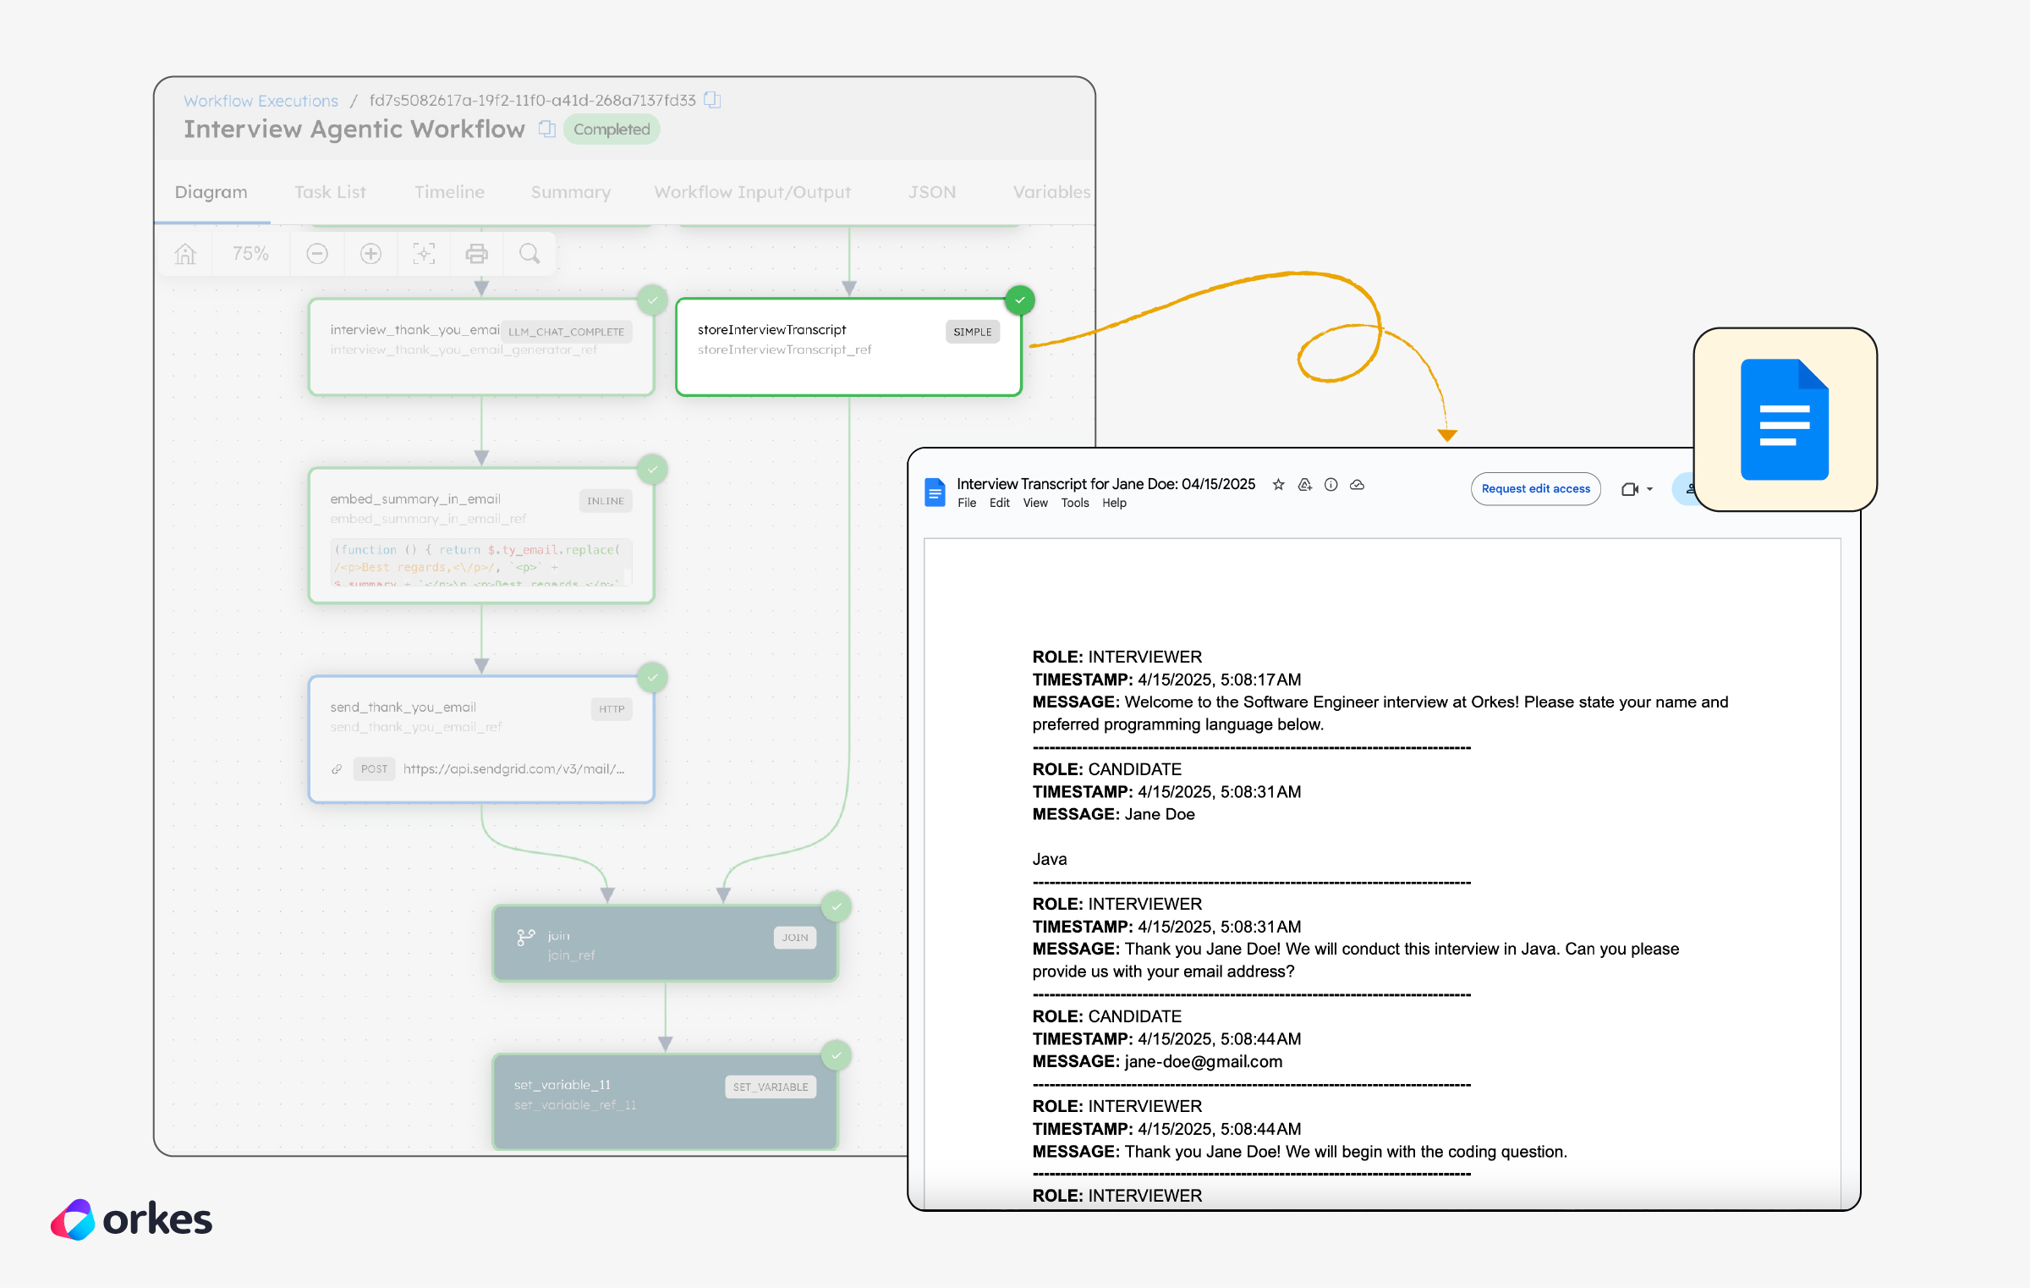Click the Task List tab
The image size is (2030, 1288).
(330, 192)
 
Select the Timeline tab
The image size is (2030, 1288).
(449, 192)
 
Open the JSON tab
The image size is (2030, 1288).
(931, 192)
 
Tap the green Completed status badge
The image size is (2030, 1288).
(612, 129)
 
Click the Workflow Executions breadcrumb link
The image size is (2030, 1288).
(261, 101)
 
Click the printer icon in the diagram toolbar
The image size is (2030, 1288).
(477, 254)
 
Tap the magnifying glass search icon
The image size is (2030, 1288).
(529, 254)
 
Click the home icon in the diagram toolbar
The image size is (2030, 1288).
(185, 254)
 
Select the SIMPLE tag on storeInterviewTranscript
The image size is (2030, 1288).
(972, 332)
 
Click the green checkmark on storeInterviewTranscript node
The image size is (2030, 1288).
(1020, 300)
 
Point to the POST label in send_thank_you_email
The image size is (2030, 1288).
(374, 769)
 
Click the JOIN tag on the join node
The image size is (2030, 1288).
(794, 938)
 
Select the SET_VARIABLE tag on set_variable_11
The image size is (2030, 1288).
(770, 1087)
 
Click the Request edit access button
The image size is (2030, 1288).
(1535, 489)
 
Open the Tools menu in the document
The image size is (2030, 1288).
(1074, 504)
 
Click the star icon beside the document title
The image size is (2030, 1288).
(1278, 485)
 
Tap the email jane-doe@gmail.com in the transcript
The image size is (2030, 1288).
(1203, 1062)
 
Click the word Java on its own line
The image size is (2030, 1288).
(1049, 860)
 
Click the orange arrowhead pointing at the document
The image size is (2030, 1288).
(1447, 435)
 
